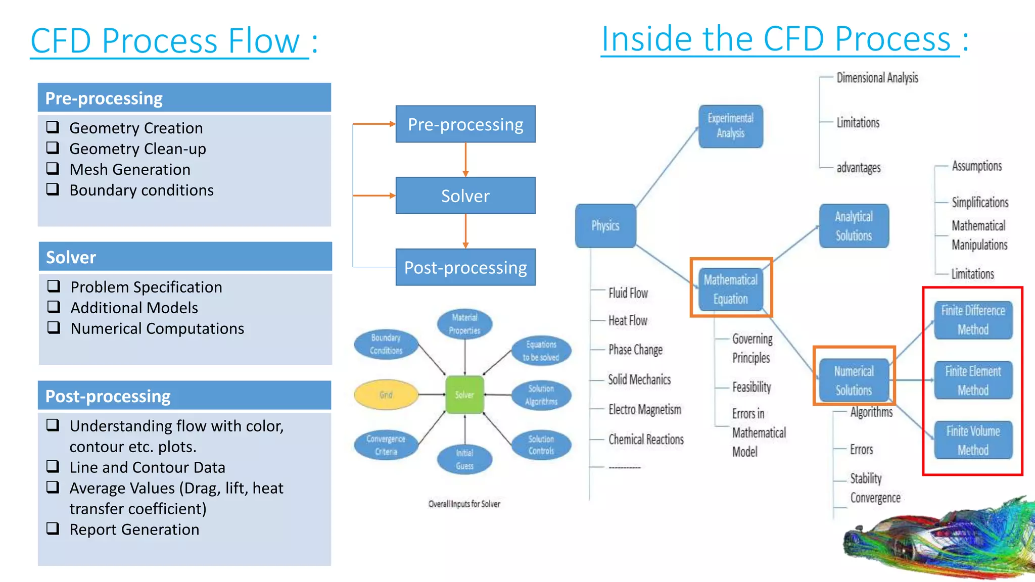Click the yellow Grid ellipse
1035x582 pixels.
pos(386,395)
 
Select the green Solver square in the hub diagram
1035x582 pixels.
pos(464,395)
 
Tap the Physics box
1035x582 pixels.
pos(605,225)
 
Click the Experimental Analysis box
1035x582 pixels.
pos(730,126)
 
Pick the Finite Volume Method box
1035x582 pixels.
pos(973,440)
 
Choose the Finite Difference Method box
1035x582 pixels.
pos(973,320)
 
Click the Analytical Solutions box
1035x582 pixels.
pos(854,226)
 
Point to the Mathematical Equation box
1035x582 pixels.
pos(730,289)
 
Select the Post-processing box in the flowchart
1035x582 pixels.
pos(465,267)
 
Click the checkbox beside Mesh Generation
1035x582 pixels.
pos(53,168)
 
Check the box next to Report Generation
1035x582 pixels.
pos(53,528)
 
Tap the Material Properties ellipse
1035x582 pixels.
pos(464,324)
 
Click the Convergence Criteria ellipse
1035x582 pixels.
pos(386,445)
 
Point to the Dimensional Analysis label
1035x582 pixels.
pos(877,78)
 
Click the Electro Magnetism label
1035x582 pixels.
pos(644,409)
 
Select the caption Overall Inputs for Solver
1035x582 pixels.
pos(464,504)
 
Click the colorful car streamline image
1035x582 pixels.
pos(940,541)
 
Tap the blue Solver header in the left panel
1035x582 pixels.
pos(185,257)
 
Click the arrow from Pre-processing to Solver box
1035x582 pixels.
pos(465,160)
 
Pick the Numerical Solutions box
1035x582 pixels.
pos(854,380)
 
